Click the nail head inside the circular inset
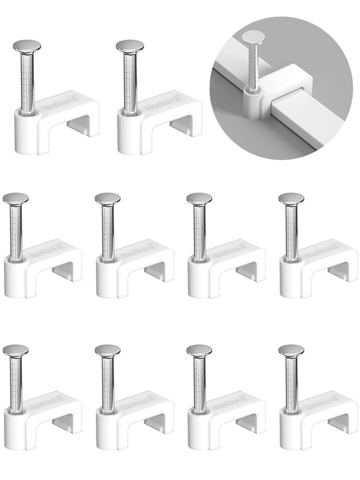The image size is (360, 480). point(254,38)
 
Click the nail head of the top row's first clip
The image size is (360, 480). point(26,47)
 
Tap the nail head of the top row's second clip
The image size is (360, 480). point(129,47)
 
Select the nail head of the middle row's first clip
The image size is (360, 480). point(16,198)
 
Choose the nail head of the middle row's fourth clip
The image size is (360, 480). point(291,198)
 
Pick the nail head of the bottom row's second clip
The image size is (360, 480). point(107,350)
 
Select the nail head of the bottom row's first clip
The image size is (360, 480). point(16,350)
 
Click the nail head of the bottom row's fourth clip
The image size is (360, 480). point(291,350)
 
